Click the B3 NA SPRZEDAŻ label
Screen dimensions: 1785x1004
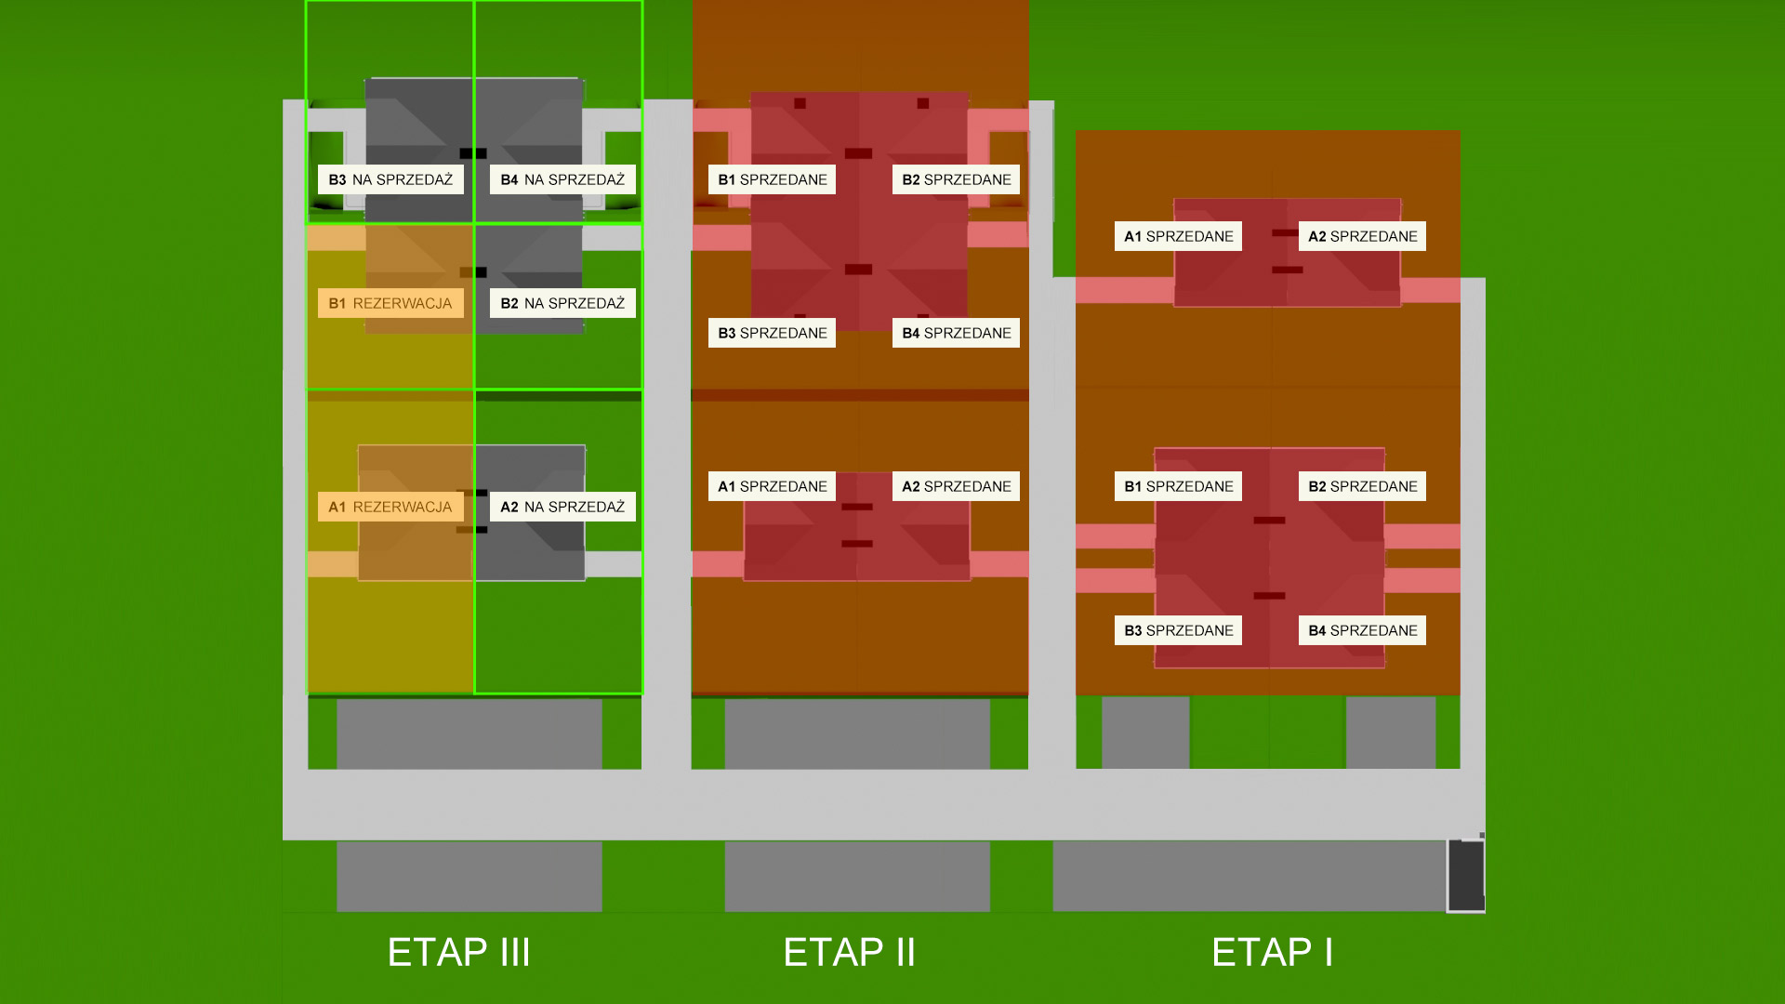pos(390,179)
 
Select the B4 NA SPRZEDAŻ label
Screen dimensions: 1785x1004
pos(562,179)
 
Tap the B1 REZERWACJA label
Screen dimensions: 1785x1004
pos(390,303)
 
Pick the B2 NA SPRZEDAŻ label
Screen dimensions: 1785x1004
pos(562,303)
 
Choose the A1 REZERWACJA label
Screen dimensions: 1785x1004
pos(390,507)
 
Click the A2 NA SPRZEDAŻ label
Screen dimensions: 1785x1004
pos(562,507)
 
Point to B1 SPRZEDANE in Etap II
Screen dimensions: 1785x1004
pos(772,179)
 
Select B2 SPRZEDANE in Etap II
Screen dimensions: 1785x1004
pos(956,179)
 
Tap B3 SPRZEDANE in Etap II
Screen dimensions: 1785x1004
pos(772,333)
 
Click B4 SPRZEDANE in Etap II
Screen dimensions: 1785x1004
pos(956,333)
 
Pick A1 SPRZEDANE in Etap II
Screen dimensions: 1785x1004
pos(772,486)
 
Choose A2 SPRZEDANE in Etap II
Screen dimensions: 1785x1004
pos(956,486)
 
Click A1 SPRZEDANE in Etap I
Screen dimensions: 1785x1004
pos(1178,236)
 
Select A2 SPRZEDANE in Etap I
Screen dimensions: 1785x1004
pos(1362,236)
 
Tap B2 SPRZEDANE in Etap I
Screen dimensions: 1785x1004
pos(1362,486)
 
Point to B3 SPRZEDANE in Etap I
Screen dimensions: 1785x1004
pos(1178,630)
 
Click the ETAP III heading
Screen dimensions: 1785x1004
pos(459,953)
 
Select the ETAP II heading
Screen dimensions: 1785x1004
pos(850,953)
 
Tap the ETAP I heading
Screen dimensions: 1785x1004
pos(1273,953)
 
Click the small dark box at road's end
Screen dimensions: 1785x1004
pos(1466,876)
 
